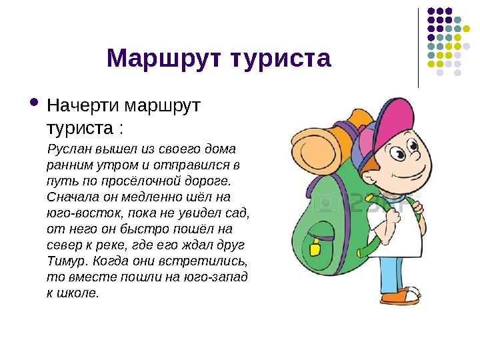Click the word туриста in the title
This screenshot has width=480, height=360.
(279, 59)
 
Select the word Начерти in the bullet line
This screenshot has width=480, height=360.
(84, 106)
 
